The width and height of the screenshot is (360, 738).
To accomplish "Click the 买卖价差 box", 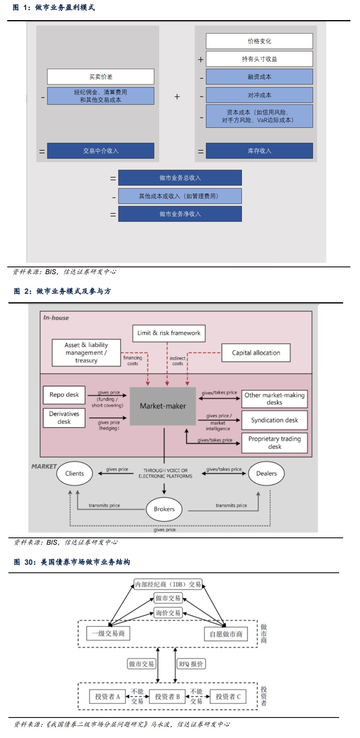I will click(100, 76).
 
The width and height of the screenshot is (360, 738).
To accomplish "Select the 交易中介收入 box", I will click(100, 151).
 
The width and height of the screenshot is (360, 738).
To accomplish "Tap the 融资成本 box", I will click(259, 77).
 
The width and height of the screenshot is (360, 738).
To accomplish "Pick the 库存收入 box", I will click(259, 151).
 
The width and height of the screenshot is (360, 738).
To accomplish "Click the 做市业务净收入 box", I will click(180, 214).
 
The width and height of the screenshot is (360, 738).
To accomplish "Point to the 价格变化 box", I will click(259, 41).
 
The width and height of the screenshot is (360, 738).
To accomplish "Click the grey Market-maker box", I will click(163, 406).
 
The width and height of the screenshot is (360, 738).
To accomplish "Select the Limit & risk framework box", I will click(169, 333).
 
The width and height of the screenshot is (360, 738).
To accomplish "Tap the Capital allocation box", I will click(256, 353).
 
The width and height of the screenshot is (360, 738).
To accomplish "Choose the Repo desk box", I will click(64, 395).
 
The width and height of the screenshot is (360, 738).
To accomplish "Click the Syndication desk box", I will click(274, 420).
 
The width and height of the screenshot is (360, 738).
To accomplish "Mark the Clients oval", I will click(75, 473).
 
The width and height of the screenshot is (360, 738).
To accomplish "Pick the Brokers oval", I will click(164, 509).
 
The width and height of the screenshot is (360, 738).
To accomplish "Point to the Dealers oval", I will click(266, 473).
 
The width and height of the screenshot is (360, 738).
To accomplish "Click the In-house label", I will click(56, 318).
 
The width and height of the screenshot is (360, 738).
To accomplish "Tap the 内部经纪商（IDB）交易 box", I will click(168, 584).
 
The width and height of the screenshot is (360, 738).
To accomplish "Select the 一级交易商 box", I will click(108, 633).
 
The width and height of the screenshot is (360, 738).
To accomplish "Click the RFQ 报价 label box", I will click(191, 664).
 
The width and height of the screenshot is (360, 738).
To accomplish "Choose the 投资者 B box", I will click(167, 696).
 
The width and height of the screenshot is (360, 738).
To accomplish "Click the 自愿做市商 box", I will click(226, 634).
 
